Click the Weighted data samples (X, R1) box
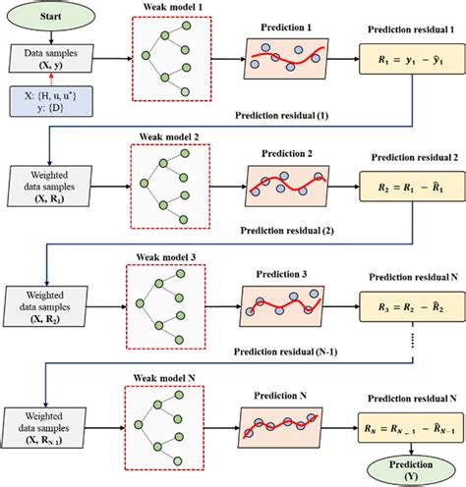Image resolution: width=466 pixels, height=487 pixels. [45, 183]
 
